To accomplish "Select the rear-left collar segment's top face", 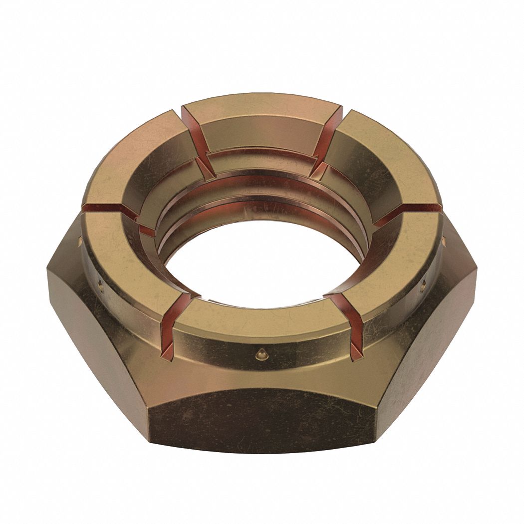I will (x=135, y=160).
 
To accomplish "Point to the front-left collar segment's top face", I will (x=120, y=264).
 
